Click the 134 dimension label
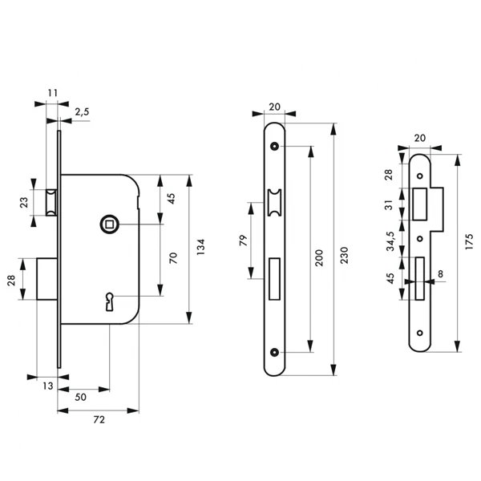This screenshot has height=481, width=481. (x=202, y=249)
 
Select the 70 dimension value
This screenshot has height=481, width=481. (x=172, y=258)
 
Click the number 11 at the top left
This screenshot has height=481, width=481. (x=53, y=93)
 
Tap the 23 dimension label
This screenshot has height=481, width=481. (x=23, y=203)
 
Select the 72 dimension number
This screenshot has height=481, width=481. (x=99, y=419)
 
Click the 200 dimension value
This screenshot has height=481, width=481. (x=319, y=257)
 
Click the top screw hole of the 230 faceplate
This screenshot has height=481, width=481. (x=276, y=147)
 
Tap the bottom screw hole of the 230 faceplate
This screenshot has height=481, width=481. (x=276, y=352)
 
